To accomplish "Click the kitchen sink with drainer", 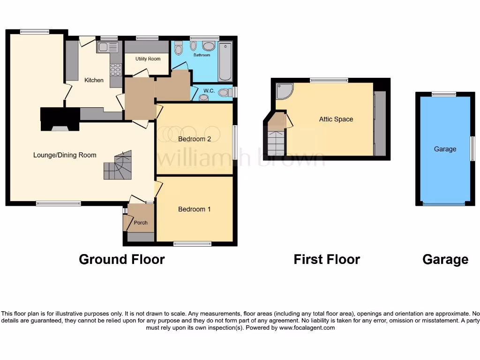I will [x=108, y=46].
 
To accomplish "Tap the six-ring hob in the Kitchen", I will [x=115, y=69].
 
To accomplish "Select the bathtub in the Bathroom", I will [x=225, y=61].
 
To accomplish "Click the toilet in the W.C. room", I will [x=225, y=92].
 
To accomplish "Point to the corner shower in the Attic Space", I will [x=284, y=91].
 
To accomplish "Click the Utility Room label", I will [x=148, y=59].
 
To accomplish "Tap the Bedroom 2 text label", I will [x=195, y=139].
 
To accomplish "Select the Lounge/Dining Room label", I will [x=65, y=155].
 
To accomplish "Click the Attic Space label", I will [x=336, y=120].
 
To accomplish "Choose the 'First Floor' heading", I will [x=327, y=259].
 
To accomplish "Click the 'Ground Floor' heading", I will [x=122, y=259].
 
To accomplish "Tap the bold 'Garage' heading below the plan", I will [x=445, y=259].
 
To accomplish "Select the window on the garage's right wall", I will [x=472, y=149].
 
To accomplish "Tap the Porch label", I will [x=141, y=223].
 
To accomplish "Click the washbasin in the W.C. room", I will [x=204, y=97].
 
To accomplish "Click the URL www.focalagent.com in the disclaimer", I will [x=307, y=328].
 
